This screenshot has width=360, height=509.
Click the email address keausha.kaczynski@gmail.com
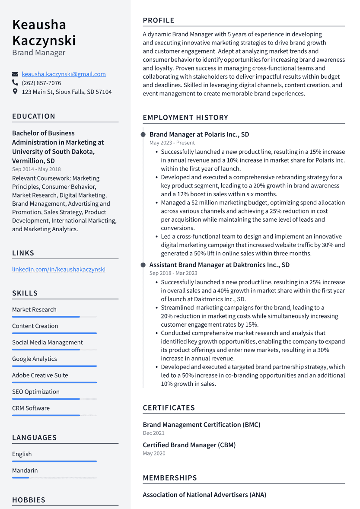64,74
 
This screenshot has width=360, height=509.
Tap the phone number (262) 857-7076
41,83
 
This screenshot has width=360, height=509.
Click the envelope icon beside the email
16,74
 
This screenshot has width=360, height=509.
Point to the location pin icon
16,92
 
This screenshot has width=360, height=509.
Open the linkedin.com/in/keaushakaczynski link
59,270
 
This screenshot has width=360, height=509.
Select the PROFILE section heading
159,20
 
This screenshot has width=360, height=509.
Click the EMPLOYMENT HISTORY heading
185,118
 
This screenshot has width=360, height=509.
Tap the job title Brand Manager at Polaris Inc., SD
199,134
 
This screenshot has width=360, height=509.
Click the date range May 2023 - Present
172,143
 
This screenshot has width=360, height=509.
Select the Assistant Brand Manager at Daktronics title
220,265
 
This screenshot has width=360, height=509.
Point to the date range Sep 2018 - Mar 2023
173,273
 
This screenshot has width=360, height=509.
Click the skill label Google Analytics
35,359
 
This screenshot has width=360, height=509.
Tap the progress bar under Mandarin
54,477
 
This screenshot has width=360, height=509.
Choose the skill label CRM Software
31,408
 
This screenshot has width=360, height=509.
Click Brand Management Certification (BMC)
202,425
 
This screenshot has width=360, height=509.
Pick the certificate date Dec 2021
154,433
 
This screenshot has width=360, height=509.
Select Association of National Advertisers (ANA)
204,495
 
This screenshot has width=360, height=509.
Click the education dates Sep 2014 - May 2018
36,169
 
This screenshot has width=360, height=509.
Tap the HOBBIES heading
29,500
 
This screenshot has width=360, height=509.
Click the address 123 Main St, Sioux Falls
67,92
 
